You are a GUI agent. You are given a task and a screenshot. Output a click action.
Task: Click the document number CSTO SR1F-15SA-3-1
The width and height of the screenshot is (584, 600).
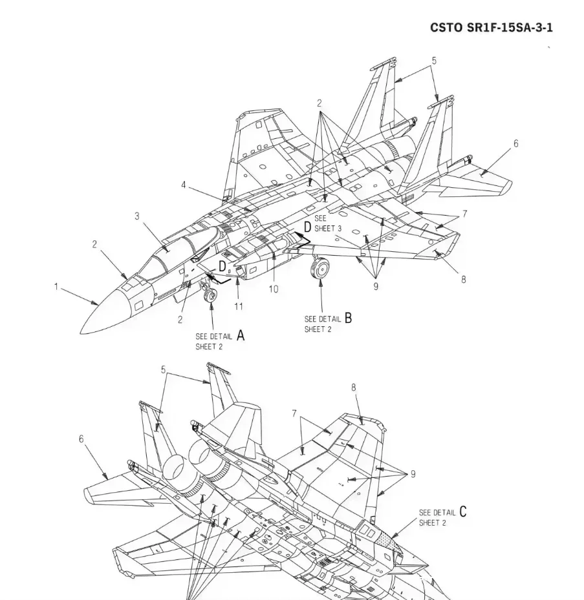click(491, 28)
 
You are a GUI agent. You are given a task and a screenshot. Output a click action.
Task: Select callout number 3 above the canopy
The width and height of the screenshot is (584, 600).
click(137, 216)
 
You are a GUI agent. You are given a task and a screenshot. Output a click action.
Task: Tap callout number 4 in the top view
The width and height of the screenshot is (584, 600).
click(184, 185)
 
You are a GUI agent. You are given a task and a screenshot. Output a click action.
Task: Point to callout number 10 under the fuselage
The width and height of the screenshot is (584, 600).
click(273, 289)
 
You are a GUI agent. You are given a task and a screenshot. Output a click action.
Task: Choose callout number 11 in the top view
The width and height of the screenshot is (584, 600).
click(239, 305)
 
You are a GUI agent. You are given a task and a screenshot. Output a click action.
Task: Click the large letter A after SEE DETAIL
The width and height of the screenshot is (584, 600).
click(241, 335)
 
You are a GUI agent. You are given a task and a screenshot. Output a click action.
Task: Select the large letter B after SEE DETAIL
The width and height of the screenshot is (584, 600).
click(348, 318)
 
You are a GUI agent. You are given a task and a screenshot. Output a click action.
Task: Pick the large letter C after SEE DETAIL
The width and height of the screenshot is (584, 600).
click(462, 512)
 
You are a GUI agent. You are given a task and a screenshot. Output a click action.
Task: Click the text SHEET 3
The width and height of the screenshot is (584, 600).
click(328, 229)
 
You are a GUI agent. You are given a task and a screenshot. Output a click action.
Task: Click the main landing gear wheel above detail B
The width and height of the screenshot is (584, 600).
click(321, 267)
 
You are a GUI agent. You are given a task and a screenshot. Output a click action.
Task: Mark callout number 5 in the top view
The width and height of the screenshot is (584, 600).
click(434, 61)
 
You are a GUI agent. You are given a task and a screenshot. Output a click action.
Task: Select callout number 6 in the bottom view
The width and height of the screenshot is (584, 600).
click(81, 439)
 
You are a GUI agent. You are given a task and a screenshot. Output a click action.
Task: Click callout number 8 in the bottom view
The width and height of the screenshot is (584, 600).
click(354, 388)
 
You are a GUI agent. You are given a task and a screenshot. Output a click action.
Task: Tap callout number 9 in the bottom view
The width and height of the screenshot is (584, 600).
click(413, 474)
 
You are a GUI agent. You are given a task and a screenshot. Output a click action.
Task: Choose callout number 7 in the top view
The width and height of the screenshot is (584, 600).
click(464, 214)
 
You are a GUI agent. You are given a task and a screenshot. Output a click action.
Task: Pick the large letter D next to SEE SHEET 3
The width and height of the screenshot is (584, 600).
click(307, 226)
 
